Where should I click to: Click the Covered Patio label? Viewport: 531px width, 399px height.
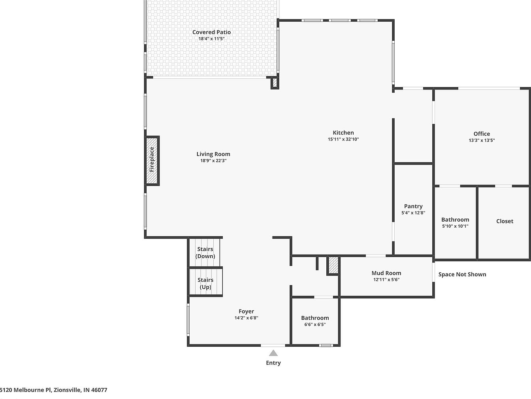point(211,32)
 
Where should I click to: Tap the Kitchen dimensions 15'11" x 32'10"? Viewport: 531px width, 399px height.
point(343,139)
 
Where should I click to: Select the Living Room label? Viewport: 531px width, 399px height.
point(213,154)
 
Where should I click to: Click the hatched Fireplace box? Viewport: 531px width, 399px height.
point(152,161)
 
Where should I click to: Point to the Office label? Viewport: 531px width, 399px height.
point(482,134)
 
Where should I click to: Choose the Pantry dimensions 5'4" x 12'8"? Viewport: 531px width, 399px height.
point(413,213)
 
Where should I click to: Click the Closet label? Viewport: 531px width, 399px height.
point(505,221)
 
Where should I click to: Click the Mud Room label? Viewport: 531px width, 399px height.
point(386,273)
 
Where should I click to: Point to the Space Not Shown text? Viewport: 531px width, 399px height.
point(462,274)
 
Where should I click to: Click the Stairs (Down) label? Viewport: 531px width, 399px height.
point(205,253)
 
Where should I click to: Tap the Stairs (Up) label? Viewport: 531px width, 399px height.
point(205,283)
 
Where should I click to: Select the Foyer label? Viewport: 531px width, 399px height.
point(246,311)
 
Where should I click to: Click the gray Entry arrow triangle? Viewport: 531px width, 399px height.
point(273,353)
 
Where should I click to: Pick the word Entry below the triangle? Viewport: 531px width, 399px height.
point(273,363)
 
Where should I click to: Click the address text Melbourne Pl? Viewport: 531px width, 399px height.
point(32,390)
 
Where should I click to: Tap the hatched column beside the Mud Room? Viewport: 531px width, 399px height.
point(333,265)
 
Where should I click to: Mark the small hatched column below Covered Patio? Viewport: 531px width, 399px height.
point(275,83)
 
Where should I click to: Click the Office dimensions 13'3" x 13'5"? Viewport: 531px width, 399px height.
point(482,140)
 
